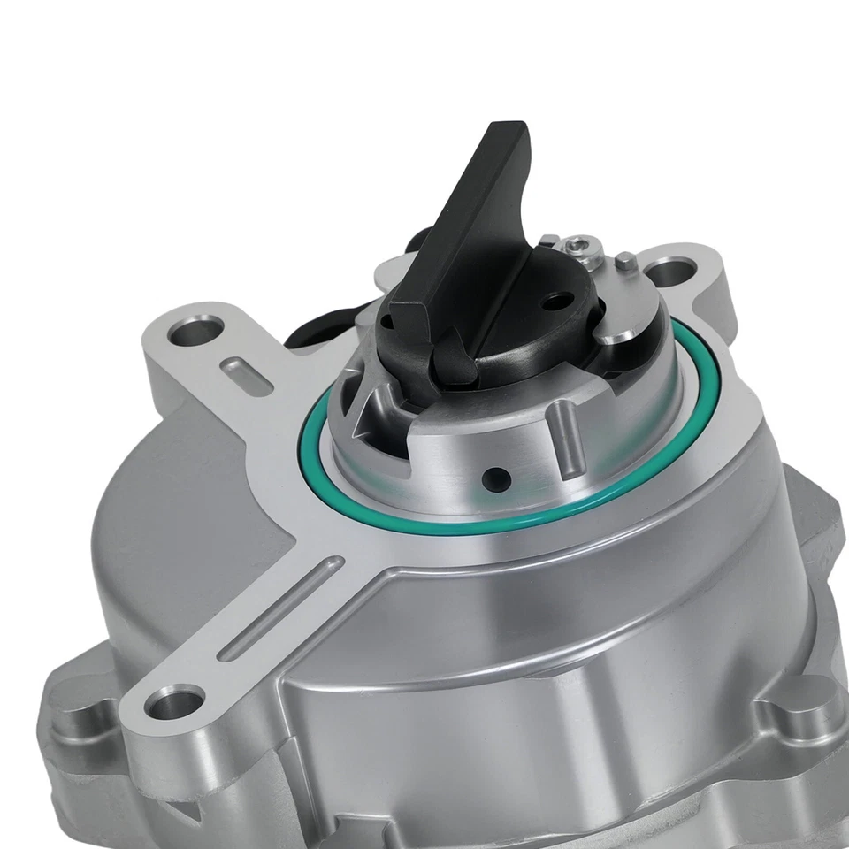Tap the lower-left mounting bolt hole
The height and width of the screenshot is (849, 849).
point(174,705)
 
